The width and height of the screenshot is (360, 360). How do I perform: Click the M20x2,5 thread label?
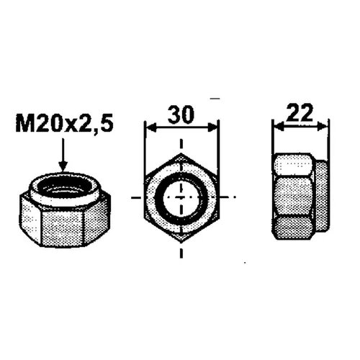click(64, 124)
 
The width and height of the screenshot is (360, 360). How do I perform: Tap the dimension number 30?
click(181, 114)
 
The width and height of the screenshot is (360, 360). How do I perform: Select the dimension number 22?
click(300, 112)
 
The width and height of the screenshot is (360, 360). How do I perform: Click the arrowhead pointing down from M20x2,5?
click(63, 166)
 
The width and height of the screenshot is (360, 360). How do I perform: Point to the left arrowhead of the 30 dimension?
click(151, 127)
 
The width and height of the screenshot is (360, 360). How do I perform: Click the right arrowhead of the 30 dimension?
click(212, 127)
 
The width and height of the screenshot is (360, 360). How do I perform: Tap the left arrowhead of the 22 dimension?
click(279, 126)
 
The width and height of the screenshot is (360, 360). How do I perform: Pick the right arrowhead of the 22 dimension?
click(322, 126)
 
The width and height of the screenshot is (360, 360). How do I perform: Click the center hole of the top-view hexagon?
click(181, 197)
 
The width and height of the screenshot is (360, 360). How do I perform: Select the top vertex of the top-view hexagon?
click(181, 153)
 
